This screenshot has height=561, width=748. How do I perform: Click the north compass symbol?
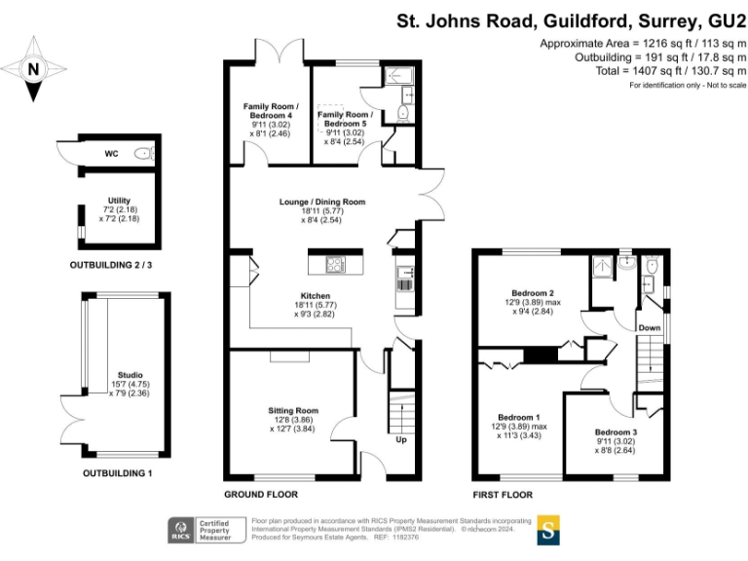[34, 69]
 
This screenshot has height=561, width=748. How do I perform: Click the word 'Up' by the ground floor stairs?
[400, 439]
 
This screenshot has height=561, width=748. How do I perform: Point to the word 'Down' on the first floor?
[650, 328]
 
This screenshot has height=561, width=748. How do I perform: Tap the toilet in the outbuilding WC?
[144, 153]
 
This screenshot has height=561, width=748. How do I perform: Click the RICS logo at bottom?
[181, 530]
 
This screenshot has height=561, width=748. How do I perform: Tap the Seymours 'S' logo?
[550, 531]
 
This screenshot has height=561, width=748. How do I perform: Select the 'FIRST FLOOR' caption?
[505, 495]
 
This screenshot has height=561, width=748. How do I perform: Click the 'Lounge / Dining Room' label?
[318, 202]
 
